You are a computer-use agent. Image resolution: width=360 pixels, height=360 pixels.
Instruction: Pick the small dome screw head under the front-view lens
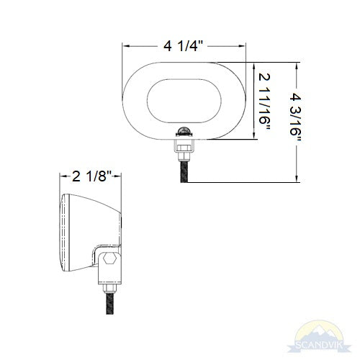click(x=184, y=131)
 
